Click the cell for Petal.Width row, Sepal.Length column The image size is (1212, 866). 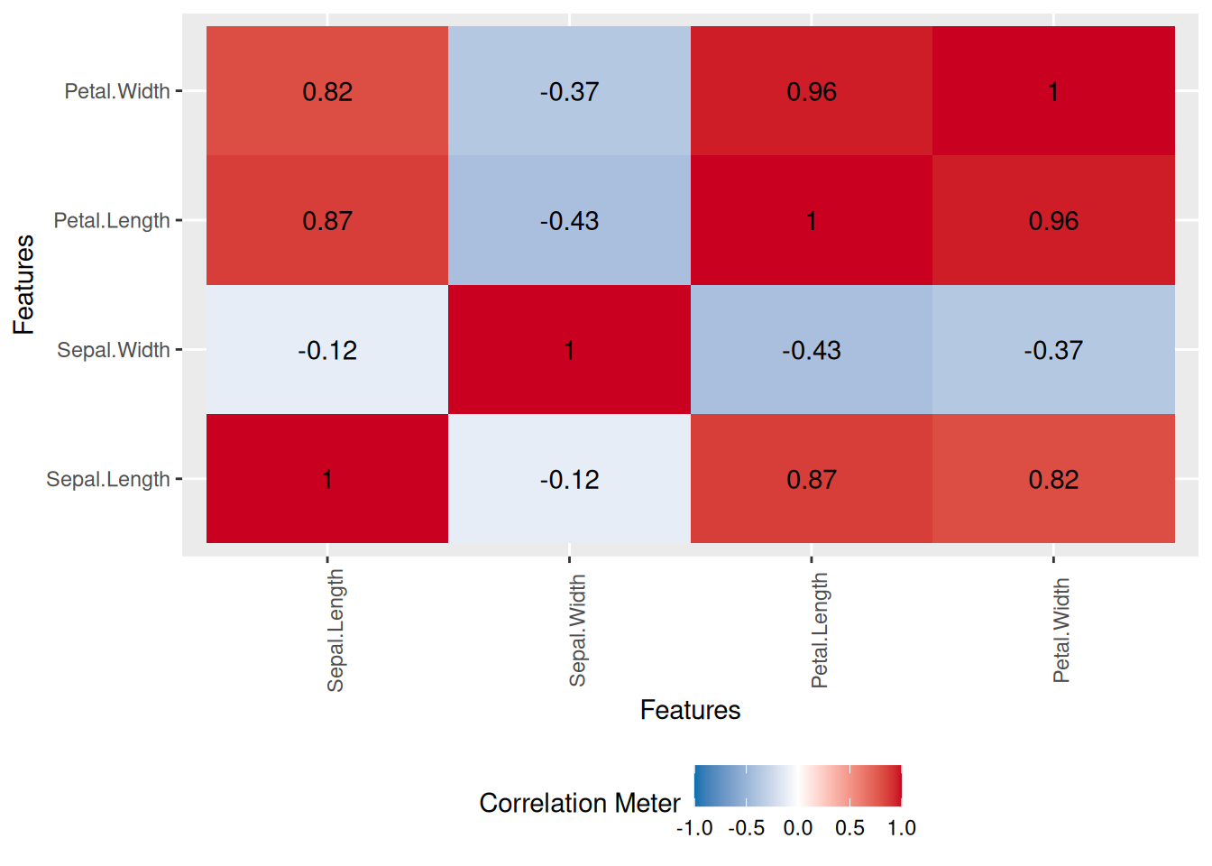[327, 91]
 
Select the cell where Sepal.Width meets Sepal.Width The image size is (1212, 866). [569, 350]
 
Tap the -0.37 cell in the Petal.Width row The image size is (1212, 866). [569, 91]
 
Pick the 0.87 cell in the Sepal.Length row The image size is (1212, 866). [812, 479]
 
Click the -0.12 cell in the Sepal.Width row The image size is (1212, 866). [327, 350]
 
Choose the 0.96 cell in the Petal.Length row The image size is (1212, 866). [1053, 221]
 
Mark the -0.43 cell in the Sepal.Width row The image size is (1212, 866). [812, 350]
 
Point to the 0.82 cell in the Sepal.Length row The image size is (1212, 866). [1053, 479]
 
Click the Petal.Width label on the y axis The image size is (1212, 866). [117, 91]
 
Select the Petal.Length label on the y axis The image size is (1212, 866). [112, 221]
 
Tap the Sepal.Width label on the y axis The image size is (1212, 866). [114, 350]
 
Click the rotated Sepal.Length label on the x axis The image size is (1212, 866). [335, 631]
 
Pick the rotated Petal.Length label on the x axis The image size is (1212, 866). [820, 631]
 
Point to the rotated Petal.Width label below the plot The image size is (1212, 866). [1061, 631]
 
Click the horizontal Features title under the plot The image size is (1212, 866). [690, 711]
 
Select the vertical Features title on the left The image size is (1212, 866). [24, 284]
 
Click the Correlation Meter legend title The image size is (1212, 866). [580, 803]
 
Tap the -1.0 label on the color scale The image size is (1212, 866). [694, 828]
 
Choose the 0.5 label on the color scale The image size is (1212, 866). [849, 828]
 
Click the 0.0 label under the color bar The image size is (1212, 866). [798, 828]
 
